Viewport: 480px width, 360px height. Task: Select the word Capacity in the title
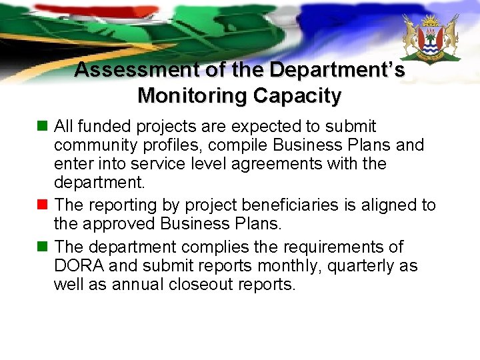pos(297,96)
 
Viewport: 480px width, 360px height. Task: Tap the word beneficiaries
pos(285,205)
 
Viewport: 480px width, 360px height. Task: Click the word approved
pos(126,224)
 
